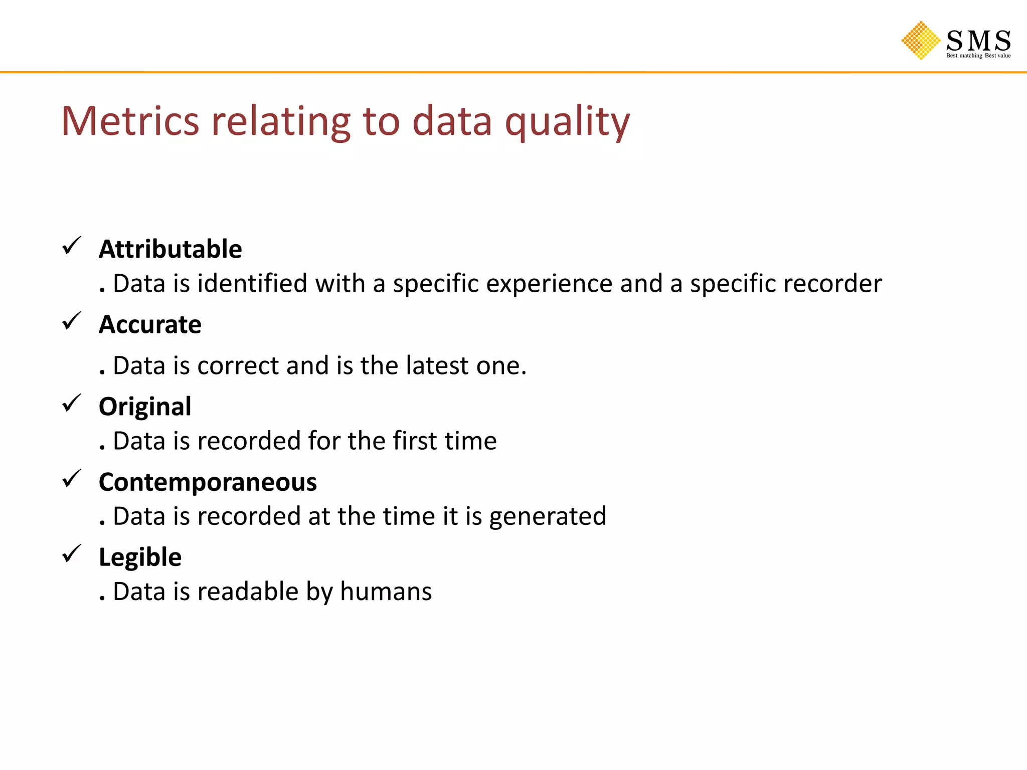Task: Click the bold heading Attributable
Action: (x=170, y=249)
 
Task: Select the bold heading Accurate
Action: (x=150, y=324)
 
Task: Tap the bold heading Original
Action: (x=145, y=407)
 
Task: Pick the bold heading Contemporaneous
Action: (x=208, y=482)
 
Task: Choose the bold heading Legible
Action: (x=140, y=557)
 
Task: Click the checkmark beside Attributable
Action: (x=71, y=246)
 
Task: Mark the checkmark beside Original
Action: (x=71, y=403)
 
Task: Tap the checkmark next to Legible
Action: (x=71, y=554)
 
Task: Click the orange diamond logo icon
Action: (x=921, y=40)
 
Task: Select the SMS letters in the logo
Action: (x=978, y=40)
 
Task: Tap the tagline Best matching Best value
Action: (x=978, y=56)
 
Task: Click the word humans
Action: (x=386, y=592)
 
